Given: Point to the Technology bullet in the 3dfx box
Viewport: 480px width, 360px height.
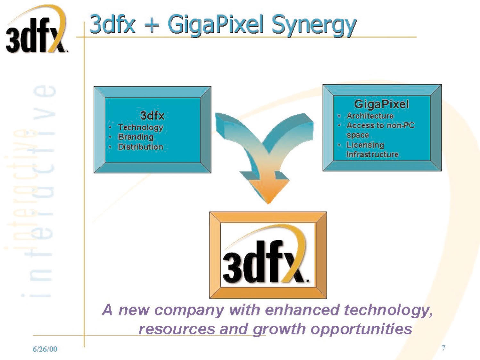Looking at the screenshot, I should (x=140, y=128).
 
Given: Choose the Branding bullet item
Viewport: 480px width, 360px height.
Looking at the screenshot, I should (x=136, y=137).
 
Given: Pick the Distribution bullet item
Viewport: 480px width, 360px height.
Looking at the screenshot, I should (x=140, y=147).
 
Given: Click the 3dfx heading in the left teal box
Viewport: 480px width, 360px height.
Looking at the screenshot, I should (x=152, y=115).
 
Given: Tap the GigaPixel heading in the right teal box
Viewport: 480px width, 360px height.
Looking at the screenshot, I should (x=381, y=104).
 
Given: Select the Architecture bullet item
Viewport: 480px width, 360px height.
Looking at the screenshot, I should (x=370, y=116).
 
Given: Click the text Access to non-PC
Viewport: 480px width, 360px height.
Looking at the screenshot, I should (x=380, y=125).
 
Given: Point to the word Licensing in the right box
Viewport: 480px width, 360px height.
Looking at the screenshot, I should (x=365, y=145).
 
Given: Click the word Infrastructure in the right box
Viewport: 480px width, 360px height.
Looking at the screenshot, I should (x=372, y=155).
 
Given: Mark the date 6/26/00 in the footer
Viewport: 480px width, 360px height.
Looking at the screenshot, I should (x=45, y=349).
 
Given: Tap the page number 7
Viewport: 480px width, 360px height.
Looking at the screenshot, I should (x=443, y=348).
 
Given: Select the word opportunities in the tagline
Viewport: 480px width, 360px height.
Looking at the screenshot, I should (x=361, y=329).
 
